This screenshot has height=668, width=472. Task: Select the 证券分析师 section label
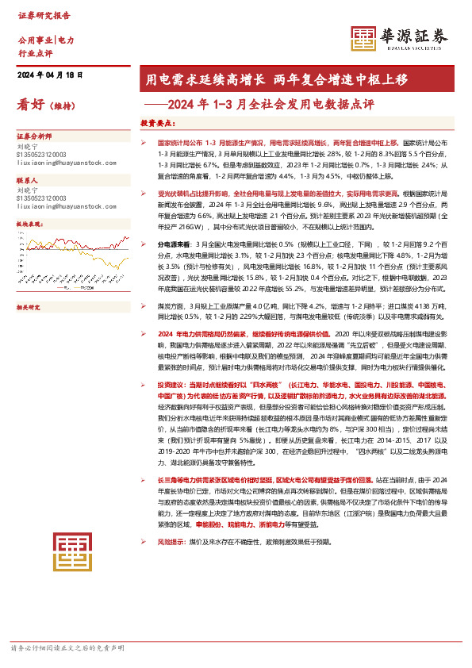point(34,136)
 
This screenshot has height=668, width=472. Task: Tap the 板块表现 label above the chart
point(29,225)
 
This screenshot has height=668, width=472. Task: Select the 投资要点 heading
point(157,124)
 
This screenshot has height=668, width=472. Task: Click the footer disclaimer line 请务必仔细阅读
point(67,648)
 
